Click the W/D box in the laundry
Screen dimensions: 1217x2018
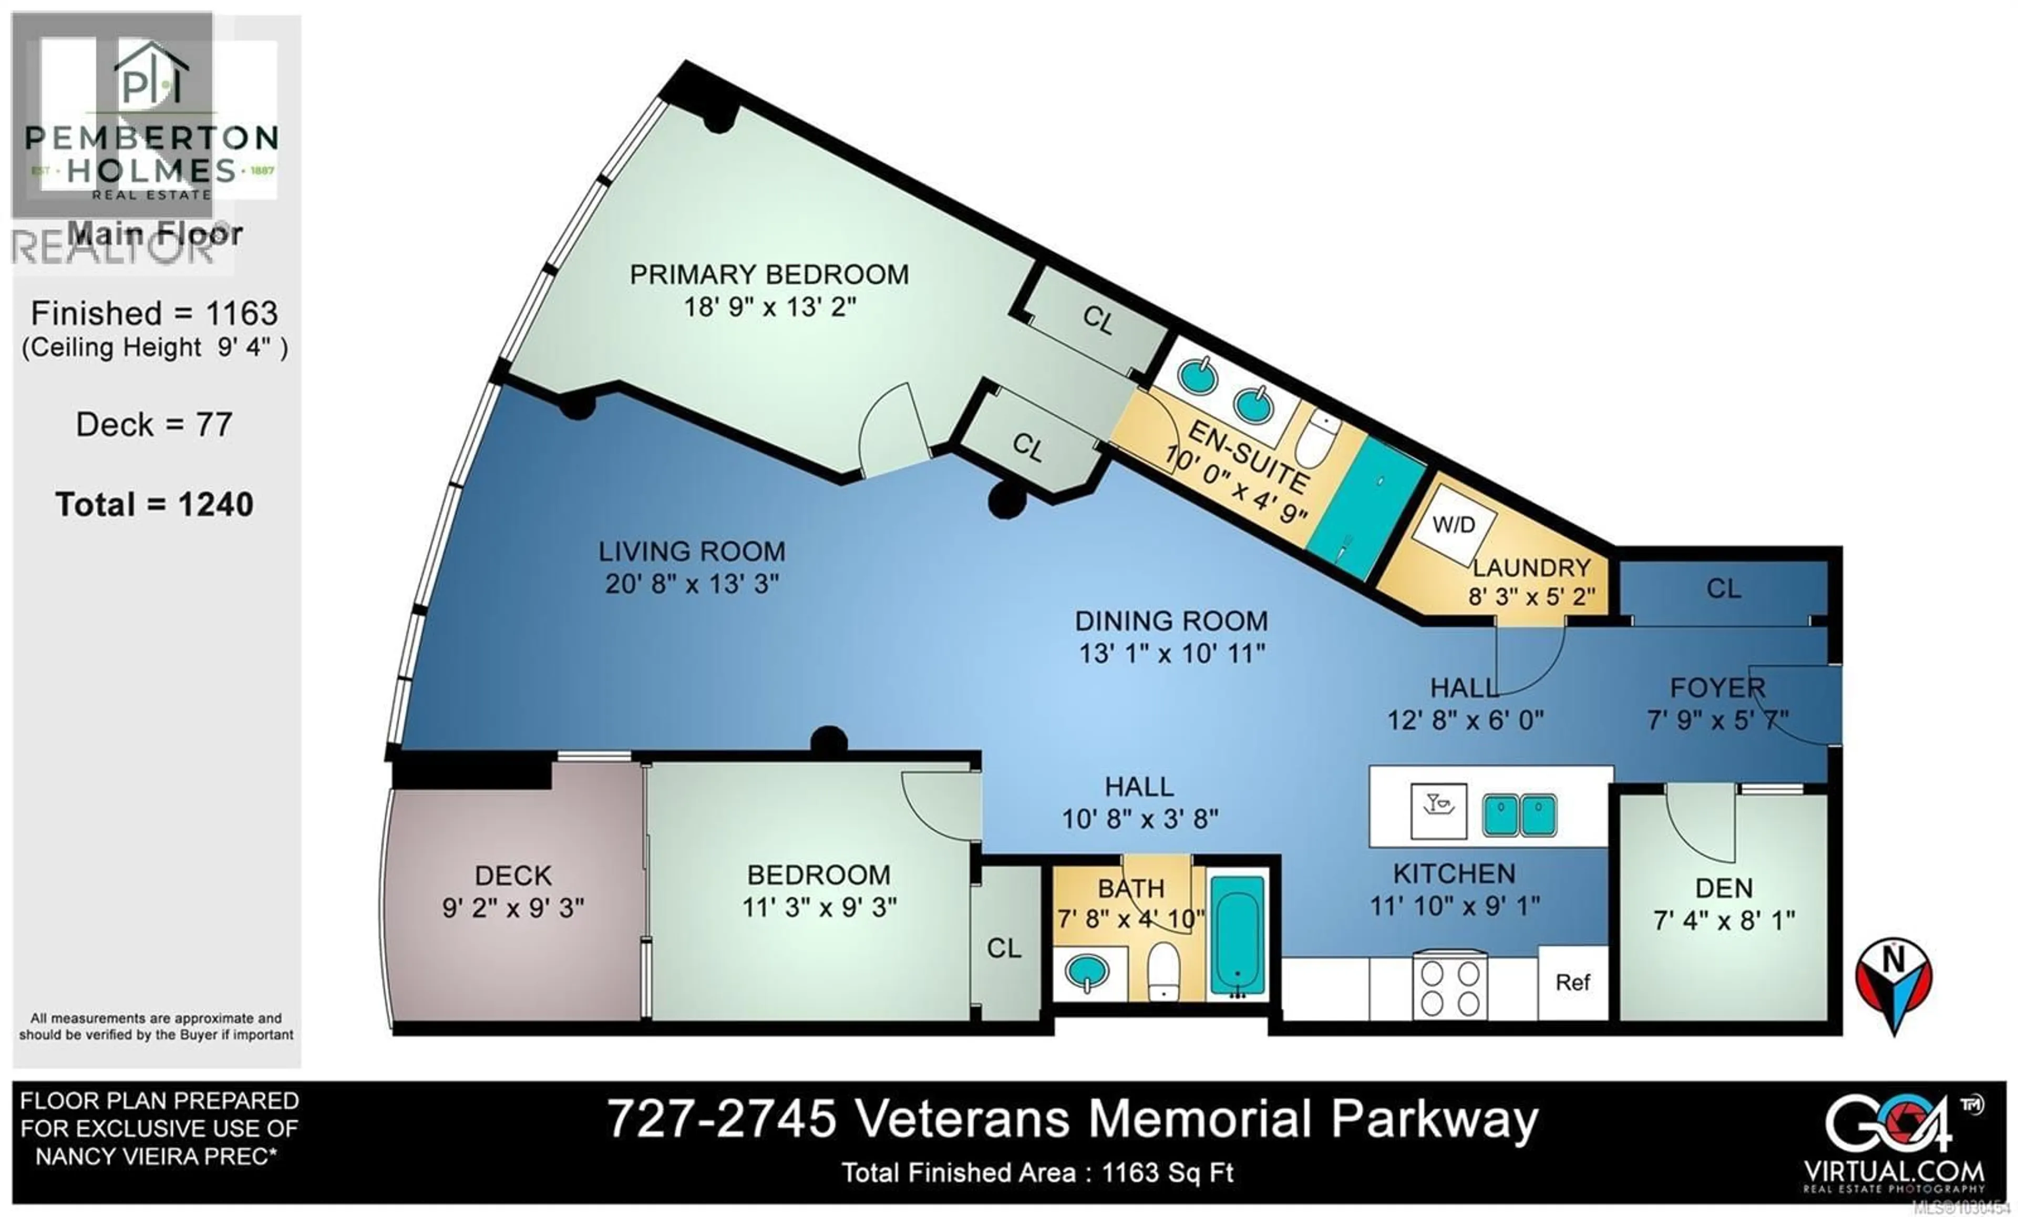pyautogui.click(x=1454, y=524)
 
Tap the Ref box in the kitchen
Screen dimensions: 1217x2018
pyautogui.click(x=1572, y=983)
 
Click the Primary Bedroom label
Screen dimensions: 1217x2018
pyautogui.click(x=768, y=274)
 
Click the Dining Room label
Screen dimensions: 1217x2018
pyautogui.click(x=1171, y=621)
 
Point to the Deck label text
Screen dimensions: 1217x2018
pyautogui.click(x=513, y=875)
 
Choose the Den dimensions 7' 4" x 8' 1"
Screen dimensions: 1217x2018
pyautogui.click(x=1724, y=921)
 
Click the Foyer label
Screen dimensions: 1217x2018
pyautogui.click(x=1717, y=687)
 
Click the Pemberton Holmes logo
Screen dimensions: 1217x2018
pyautogui.click(x=151, y=123)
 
